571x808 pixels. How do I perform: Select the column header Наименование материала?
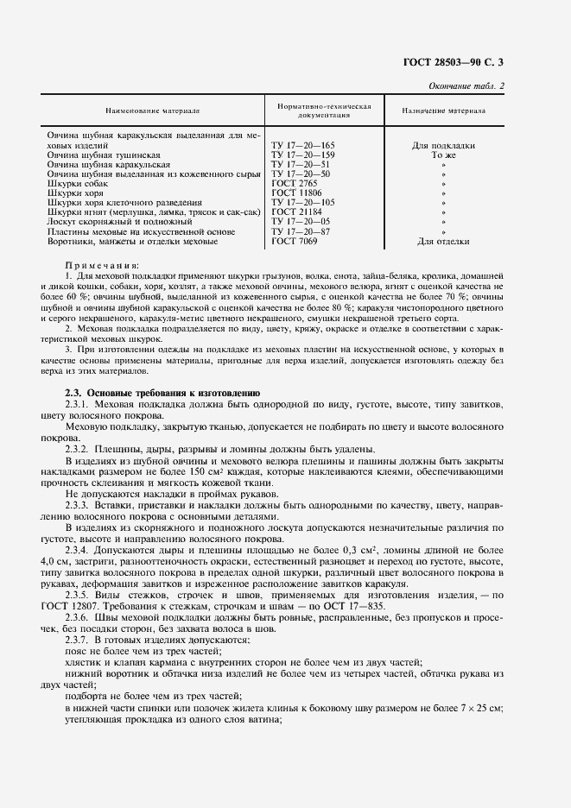pos(153,111)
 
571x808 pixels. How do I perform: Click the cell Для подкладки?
pos(443,146)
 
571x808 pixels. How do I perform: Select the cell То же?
pos(443,155)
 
